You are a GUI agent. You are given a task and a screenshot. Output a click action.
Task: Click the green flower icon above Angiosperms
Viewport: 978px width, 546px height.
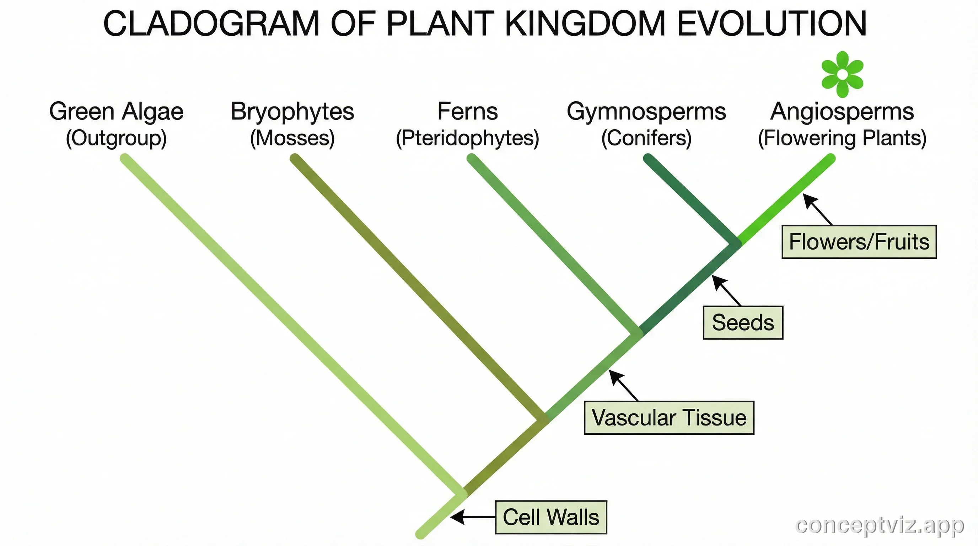pos(842,74)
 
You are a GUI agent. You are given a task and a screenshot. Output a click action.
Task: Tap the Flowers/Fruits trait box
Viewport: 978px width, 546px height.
pos(859,242)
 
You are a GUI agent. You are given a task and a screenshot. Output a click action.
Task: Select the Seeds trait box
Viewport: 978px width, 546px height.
pos(743,322)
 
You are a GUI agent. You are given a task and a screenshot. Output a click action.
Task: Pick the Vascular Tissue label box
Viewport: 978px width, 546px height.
pos(668,418)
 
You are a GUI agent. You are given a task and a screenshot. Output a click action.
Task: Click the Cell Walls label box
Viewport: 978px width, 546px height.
pos(550,517)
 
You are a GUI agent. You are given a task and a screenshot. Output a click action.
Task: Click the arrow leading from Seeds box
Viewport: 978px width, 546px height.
pos(726,290)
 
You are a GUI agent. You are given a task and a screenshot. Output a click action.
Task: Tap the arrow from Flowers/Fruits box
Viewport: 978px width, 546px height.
pos(817,209)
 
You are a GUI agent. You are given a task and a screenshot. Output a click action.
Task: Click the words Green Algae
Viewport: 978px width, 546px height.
pos(116,111)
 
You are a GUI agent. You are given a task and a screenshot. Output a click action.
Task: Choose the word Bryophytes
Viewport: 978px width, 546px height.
pos(292,111)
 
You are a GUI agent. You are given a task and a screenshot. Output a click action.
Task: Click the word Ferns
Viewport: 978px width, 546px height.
pos(467,111)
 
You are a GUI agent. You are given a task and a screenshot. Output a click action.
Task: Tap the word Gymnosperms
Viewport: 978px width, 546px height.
pos(646,111)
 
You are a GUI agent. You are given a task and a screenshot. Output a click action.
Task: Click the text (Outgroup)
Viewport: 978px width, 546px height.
pos(116,138)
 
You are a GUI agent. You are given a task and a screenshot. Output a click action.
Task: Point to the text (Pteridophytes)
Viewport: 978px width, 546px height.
pos(467,138)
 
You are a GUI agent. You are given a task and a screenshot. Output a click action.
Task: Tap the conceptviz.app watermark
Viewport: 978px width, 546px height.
pos(879,525)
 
